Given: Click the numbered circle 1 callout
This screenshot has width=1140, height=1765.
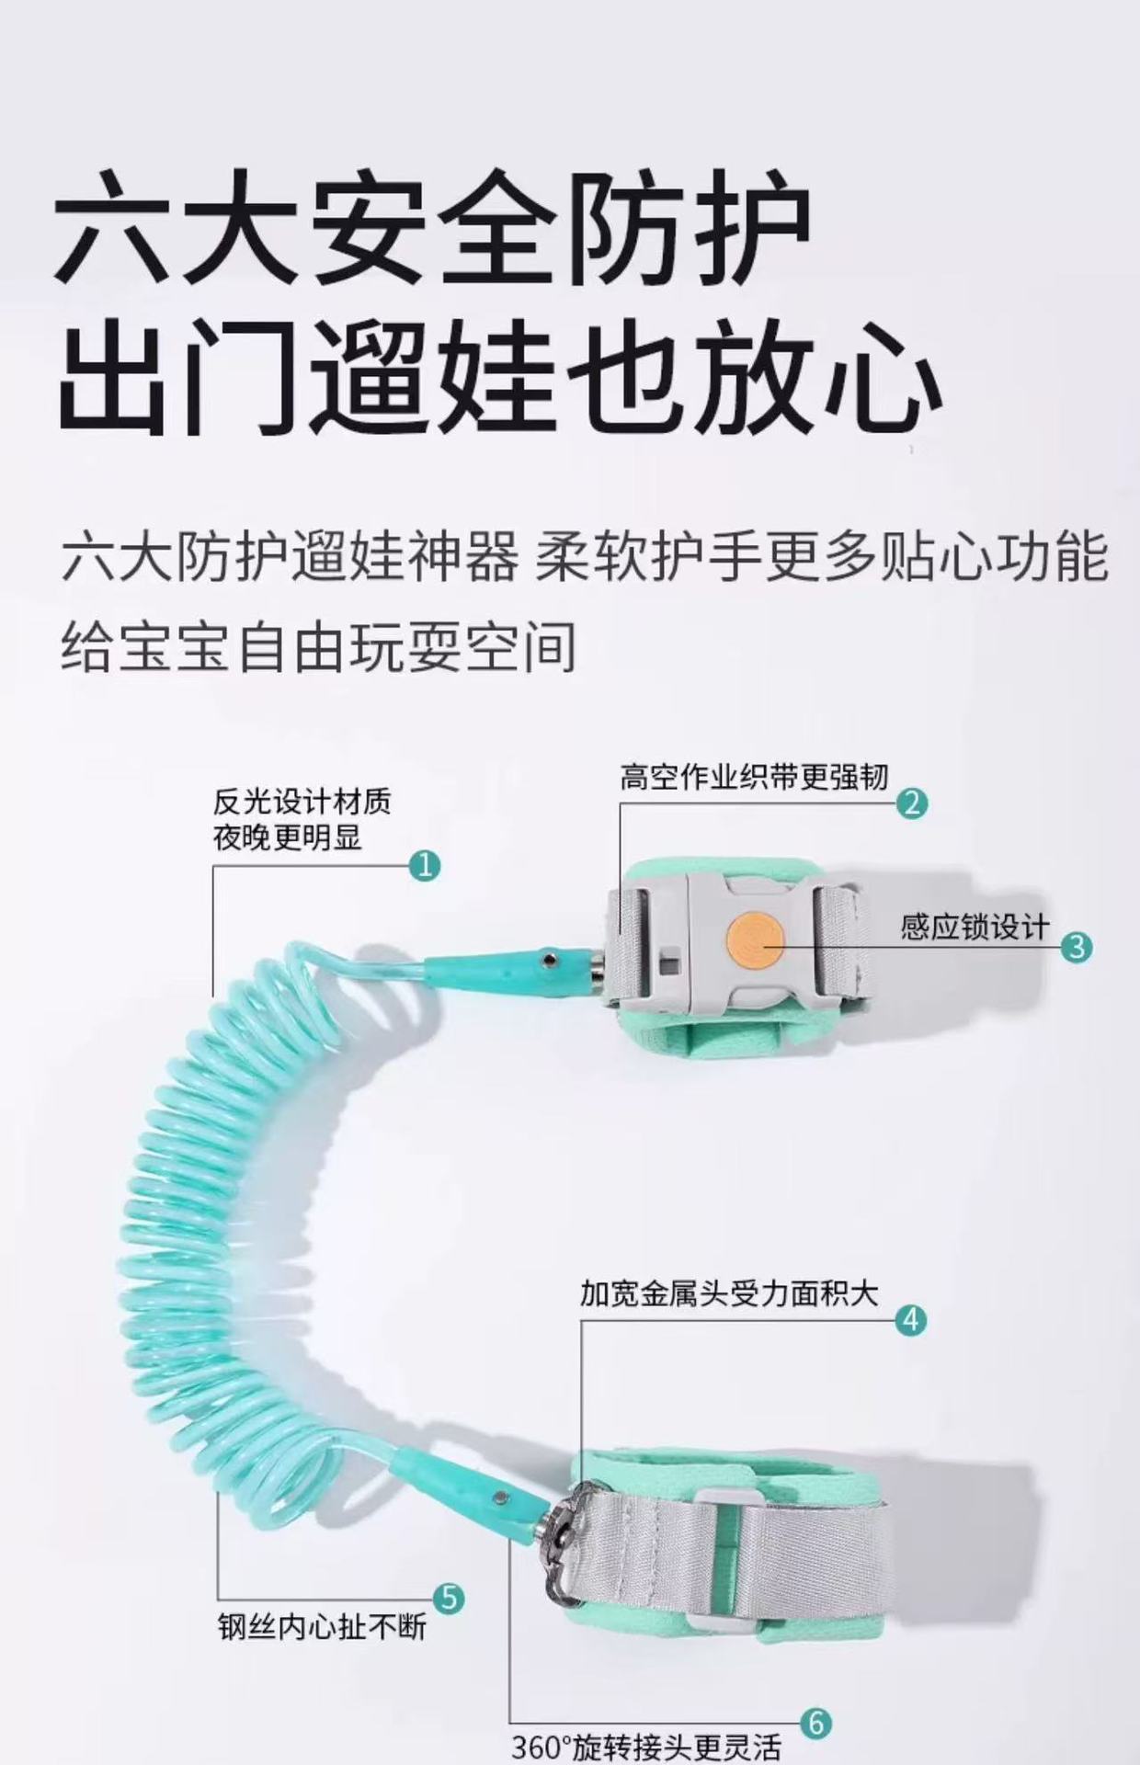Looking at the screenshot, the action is (424, 865).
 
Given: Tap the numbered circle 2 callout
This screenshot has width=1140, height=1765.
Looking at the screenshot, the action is (911, 803).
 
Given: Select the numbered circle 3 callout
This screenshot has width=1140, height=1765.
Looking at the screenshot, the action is (1077, 947).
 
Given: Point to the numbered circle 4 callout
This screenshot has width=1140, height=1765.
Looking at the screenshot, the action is (910, 1320).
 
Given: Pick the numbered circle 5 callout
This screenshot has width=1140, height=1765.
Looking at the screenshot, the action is (448, 1598).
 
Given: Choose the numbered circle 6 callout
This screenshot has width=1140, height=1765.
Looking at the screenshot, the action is (815, 1722).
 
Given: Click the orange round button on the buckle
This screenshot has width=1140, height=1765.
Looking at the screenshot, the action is (752, 937).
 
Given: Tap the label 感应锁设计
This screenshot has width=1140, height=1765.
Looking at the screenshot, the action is (975, 927).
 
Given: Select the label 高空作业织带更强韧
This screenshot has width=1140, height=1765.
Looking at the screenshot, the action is (754, 777).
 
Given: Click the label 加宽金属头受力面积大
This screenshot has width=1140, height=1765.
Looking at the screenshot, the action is (729, 1294).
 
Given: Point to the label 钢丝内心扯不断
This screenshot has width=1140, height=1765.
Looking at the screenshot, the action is (323, 1627).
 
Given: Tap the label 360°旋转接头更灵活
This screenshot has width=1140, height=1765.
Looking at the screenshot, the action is (646, 1747).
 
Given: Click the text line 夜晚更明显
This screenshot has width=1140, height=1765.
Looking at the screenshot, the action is (288, 837).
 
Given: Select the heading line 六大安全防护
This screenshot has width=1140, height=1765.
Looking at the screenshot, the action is (434, 226).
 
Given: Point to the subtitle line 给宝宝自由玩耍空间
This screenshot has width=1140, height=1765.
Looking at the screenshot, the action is (320, 646).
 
